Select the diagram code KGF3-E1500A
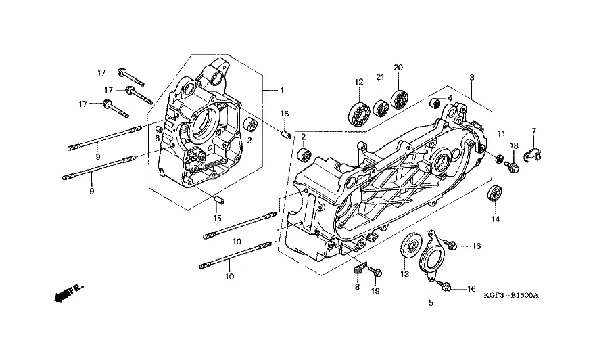(x=511, y=296)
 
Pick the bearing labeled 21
(x=380, y=107)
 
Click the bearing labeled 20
(x=398, y=99)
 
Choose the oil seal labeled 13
(x=411, y=246)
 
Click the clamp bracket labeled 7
(x=533, y=154)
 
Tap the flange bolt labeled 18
(x=513, y=166)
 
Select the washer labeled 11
(x=500, y=158)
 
